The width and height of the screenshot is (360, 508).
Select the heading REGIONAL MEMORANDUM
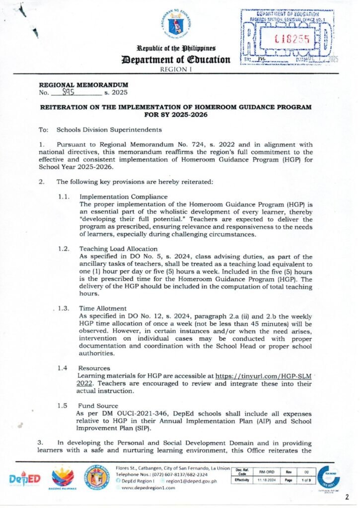pyautogui.click(x=83, y=85)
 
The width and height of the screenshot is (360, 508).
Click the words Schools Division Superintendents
pyautogui.click(x=109, y=130)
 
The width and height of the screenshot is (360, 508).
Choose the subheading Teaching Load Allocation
pyautogui.click(x=119, y=249)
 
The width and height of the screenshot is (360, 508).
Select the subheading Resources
pyautogui.click(x=94, y=368)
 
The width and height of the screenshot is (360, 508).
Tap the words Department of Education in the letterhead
pyautogui.click(x=173, y=60)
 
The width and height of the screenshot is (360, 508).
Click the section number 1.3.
pyautogui.click(x=63, y=308)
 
